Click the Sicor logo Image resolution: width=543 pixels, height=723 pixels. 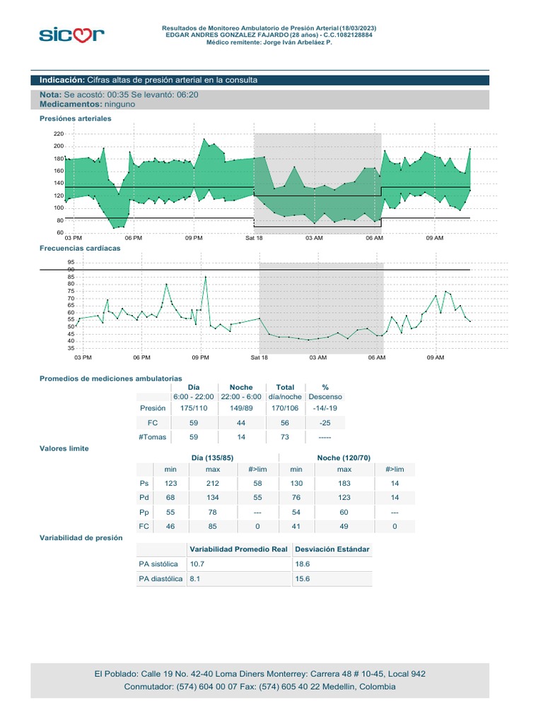tap(71, 34)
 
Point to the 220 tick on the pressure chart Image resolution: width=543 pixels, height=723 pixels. tap(58, 133)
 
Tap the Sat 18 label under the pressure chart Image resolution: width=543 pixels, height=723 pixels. tap(255, 239)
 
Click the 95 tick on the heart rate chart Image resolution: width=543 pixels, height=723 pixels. tap(70, 262)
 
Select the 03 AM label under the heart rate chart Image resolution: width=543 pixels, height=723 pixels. tap(318, 357)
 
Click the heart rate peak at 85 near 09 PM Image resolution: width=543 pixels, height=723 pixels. tap(206, 277)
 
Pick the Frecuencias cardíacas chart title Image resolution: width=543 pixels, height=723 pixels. tap(80, 249)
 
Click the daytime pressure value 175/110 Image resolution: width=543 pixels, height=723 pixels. tap(194, 407)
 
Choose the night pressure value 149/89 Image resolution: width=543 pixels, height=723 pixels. tap(241, 407)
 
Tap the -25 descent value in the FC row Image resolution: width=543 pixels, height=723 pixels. tap(326, 422)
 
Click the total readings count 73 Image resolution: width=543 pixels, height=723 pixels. tap(285, 437)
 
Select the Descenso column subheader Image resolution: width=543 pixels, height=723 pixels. tap(325, 397)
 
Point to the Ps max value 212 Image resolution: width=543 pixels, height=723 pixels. tap(213, 484)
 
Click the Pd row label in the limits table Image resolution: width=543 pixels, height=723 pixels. tap(144, 498)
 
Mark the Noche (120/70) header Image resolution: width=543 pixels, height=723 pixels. tap(344, 458)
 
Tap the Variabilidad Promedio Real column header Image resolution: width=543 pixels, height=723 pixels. tap(238, 549)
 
